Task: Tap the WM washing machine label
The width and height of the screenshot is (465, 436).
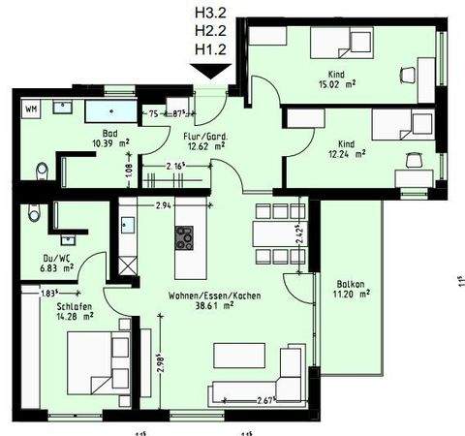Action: coord(31,108)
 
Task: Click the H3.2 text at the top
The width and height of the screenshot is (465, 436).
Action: coord(211,14)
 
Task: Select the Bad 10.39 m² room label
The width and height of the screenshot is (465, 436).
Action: coord(109,139)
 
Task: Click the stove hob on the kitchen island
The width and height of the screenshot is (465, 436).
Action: coord(183,235)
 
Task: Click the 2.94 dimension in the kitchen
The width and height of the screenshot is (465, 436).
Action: coord(164,205)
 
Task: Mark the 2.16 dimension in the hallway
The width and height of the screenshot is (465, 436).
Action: coord(175,169)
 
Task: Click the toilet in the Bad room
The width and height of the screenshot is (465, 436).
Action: coord(38,172)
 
